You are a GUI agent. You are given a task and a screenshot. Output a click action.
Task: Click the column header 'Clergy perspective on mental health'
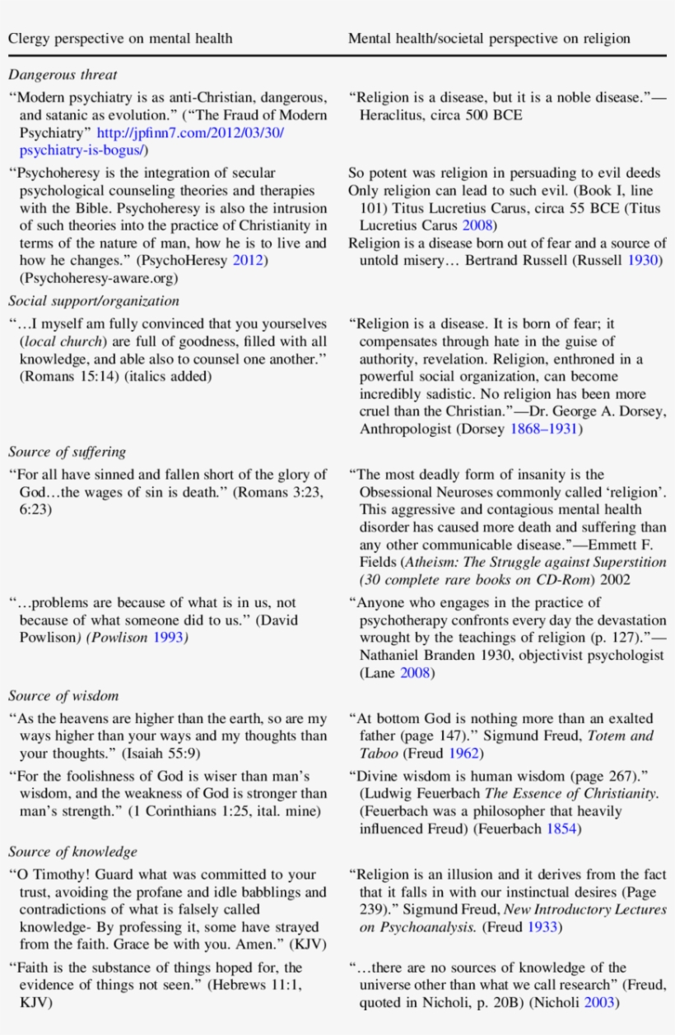click(x=120, y=38)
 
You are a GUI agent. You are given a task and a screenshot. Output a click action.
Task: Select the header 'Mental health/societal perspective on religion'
click(x=489, y=38)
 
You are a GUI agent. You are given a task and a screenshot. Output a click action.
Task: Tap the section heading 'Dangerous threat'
click(x=63, y=75)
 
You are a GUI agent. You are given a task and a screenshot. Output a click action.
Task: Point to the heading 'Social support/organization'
click(x=94, y=301)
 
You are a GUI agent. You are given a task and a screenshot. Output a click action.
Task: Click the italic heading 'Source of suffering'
click(x=67, y=452)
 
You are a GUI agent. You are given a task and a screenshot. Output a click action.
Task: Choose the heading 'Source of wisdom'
click(x=63, y=696)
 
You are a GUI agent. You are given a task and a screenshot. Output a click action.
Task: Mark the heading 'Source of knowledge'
click(x=72, y=852)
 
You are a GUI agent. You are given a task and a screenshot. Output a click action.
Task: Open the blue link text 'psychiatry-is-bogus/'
click(x=82, y=151)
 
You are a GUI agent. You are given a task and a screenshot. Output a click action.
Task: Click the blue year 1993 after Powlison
click(x=169, y=638)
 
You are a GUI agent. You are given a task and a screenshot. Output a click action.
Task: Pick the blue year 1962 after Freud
click(x=464, y=754)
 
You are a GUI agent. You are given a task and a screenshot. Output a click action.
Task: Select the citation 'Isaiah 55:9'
click(x=160, y=754)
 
